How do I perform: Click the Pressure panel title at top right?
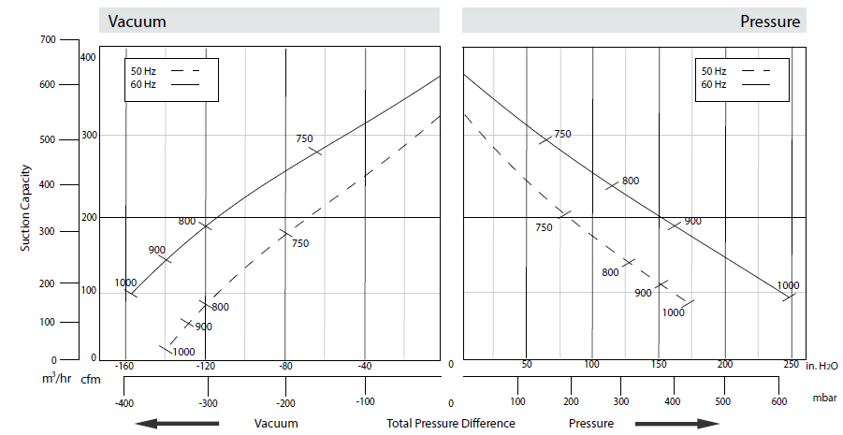770,22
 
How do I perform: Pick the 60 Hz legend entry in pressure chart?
714,85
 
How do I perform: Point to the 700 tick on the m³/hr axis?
47,39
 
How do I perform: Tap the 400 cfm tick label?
88,58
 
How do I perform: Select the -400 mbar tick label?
124,403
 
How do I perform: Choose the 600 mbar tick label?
778,401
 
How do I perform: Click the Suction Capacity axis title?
26,206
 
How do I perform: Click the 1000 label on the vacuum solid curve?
125,283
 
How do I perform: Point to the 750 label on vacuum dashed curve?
299,244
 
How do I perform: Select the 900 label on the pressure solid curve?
692,221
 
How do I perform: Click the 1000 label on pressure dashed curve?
673,312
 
